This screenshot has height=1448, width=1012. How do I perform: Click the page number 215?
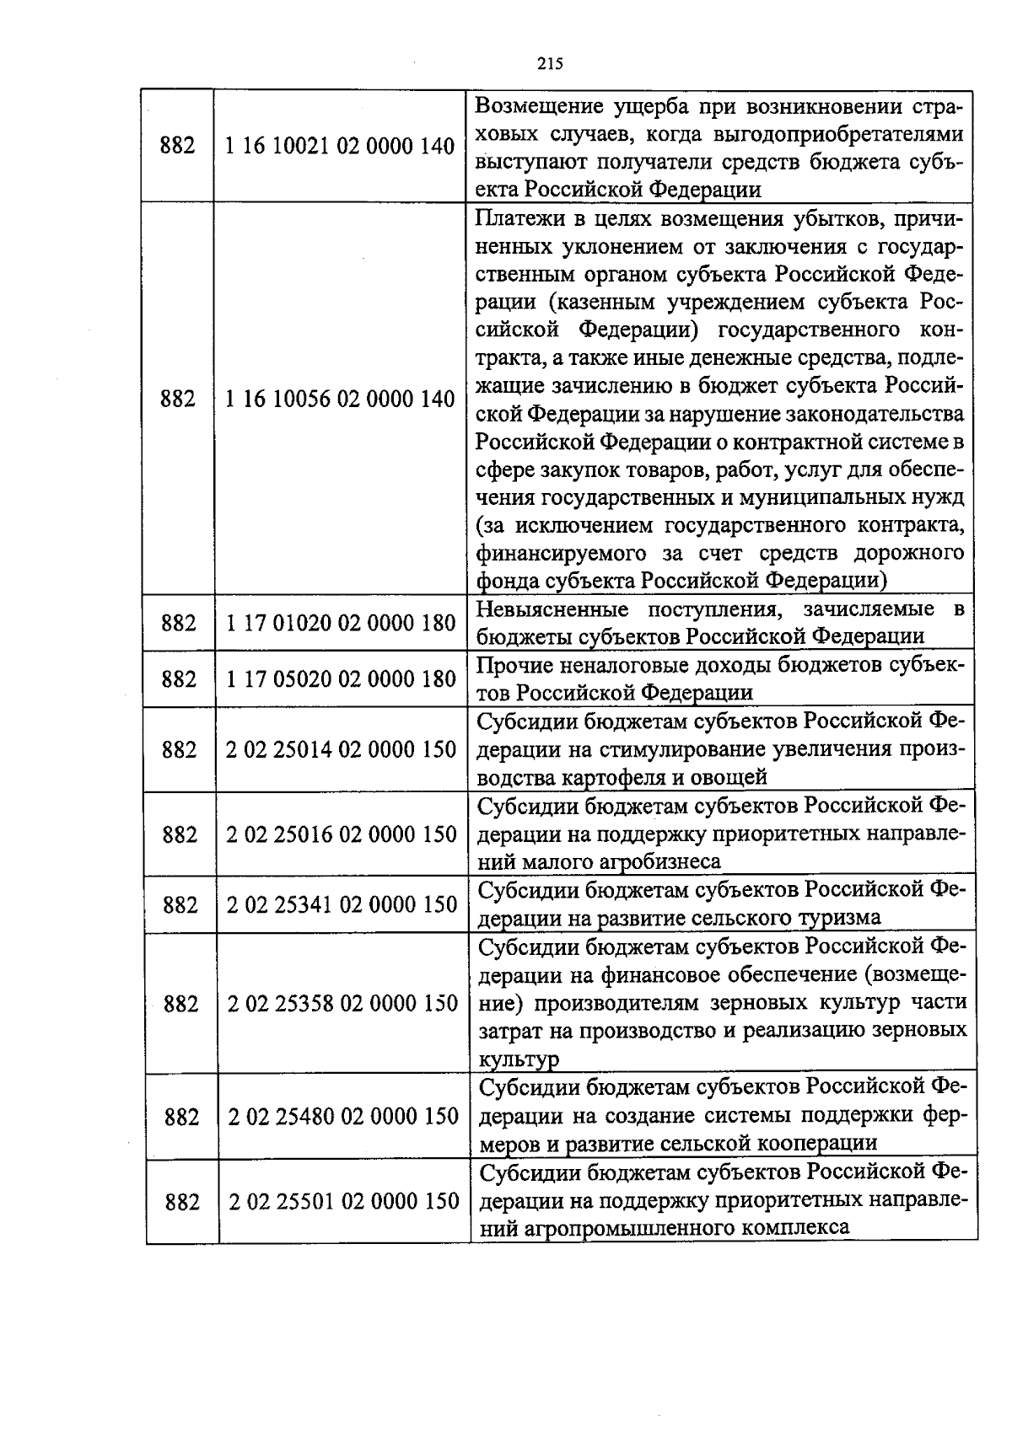coord(549,63)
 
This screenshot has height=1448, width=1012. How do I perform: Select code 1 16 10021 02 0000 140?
coord(340,147)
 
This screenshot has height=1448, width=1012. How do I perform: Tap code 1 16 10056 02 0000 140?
coord(340,399)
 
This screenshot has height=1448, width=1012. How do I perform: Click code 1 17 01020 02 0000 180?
coord(341,623)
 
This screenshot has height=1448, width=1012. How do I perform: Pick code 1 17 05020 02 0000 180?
coord(341,679)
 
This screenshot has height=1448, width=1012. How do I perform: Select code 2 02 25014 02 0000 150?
coord(341,749)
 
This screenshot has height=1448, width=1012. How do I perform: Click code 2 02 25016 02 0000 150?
coord(342,834)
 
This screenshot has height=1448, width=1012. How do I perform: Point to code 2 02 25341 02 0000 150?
coord(342,904)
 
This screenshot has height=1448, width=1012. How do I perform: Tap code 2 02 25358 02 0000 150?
coord(342,1003)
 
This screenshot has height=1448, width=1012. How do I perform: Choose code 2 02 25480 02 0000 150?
coord(343,1117)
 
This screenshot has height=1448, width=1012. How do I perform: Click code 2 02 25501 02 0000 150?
coord(344,1201)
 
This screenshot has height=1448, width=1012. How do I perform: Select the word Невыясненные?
coord(552,609)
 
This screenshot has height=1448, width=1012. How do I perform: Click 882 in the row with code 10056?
coord(177,399)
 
